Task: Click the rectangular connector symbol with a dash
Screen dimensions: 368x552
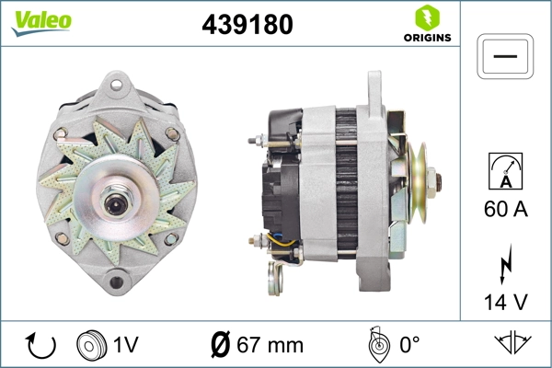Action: [506, 56]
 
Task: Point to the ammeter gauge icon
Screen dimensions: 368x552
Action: [506, 172]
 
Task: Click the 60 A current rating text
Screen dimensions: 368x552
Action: [506, 210]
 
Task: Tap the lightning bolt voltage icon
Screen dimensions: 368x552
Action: [506, 263]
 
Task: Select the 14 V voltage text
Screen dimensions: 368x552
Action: [506, 301]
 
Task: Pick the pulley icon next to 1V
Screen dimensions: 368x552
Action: [90, 345]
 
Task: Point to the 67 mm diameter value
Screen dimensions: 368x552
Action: [270, 346]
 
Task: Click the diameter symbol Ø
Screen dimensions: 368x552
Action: [221, 346]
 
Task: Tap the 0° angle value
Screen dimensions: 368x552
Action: [410, 346]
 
